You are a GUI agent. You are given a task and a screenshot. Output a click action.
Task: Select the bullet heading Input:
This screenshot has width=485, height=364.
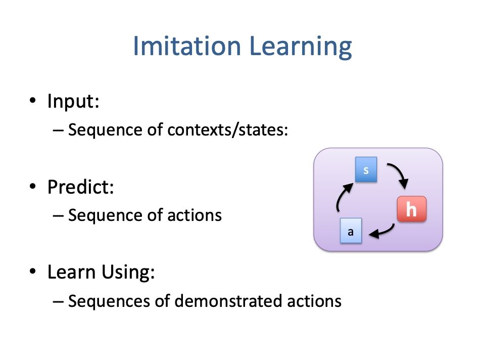click(73, 101)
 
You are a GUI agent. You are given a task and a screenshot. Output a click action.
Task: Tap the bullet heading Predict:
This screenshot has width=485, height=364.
click(81, 187)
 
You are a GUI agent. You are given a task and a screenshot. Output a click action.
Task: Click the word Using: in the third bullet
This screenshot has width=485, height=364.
click(128, 272)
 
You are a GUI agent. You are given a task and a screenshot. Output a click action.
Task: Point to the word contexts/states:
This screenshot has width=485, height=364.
click(228, 129)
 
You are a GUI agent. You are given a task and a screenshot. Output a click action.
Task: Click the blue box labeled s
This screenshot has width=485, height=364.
click(366, 169)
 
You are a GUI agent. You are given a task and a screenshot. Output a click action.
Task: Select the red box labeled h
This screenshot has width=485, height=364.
click(412, 209)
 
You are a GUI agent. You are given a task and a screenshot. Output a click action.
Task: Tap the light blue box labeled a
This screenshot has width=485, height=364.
click(351, 231)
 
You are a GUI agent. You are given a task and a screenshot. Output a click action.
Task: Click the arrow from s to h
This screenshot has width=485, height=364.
click(400, 172)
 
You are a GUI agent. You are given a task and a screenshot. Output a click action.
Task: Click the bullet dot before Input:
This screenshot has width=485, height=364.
click(33, 101)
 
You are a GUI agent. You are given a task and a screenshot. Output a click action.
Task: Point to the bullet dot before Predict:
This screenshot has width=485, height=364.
click(33, 187)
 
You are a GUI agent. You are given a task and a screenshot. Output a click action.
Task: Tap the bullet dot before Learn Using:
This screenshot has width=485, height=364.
click(33, 271)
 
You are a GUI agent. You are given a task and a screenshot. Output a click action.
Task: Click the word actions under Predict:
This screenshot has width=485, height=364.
click(195, 215)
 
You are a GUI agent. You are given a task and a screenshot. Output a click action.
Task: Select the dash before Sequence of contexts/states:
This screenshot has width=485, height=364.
click(58, 130)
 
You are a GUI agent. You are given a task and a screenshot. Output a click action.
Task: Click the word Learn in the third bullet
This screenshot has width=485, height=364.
click(71, 272)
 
